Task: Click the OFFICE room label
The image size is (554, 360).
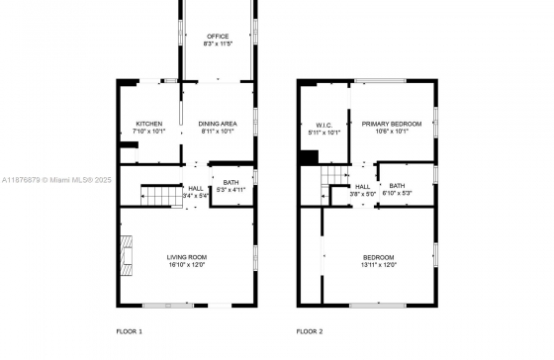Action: tap(218, 37)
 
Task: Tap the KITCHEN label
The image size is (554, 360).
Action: tap(149, 124)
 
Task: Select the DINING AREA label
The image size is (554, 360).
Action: tap(218, 124)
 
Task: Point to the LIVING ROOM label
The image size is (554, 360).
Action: tap(187, 257)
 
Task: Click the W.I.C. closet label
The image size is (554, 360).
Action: tap(324, 125)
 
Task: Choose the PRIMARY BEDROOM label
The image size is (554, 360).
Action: tap(392, 124)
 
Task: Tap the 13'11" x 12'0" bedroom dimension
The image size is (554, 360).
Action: tap(378, 265)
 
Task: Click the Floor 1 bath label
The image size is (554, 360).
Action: tap(231, 182)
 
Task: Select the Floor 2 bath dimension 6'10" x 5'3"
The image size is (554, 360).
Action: tap(397, 193)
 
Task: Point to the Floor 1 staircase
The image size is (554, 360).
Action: tap(161, 196)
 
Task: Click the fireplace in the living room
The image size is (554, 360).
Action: tap(127, 255)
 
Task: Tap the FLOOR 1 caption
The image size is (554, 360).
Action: tap(129, 331)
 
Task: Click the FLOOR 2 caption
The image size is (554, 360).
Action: tap(310, 331)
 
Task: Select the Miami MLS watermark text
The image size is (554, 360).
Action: tap(56, 180)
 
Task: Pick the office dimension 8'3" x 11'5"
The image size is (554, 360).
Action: tap(218, 44)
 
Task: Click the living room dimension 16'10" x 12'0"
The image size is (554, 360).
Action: tap(187, 265)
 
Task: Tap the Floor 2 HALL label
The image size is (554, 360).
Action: tap(362, 187)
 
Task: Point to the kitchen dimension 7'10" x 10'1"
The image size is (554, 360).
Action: tap(149, 132)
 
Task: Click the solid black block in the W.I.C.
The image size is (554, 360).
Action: tap(309, 157)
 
